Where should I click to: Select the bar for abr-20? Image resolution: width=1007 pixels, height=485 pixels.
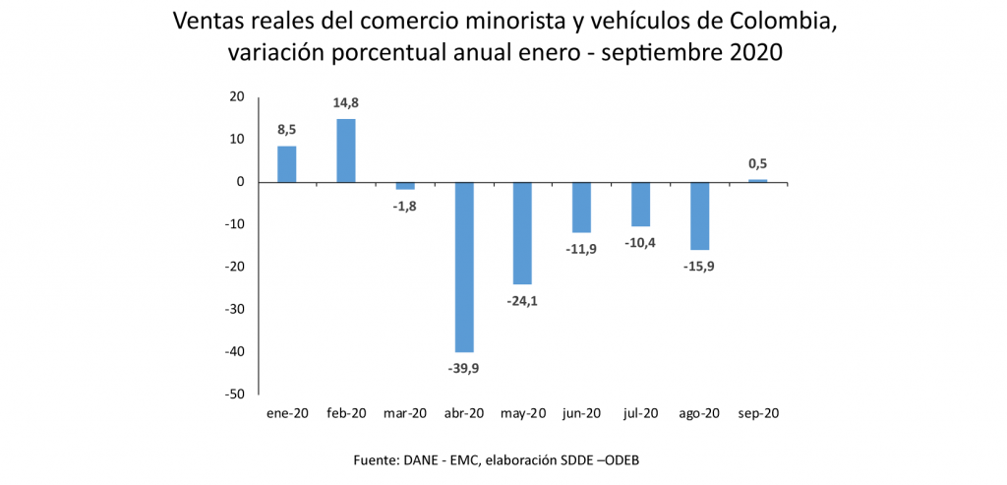coord(464,267)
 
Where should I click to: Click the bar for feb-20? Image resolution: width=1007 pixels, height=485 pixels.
coord(346,151)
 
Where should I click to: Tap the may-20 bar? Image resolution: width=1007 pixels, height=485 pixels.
coord(523,233)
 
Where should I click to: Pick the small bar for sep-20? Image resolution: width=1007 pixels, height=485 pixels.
coord(758,181)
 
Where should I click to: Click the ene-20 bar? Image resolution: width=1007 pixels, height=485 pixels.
coord(287,164)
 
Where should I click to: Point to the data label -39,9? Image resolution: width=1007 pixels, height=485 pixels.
coord(463,368)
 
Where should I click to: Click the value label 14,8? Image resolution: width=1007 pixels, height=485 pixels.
coord(346,103)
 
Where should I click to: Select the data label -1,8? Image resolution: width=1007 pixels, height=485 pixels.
coord(405,206)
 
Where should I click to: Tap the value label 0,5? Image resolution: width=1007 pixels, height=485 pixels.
coord(757,163)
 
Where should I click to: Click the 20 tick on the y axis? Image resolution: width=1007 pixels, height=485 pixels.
coord(236,96)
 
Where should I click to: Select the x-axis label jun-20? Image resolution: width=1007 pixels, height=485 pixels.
coord(581,414)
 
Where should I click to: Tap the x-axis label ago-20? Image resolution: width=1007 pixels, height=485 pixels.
coord(699,414)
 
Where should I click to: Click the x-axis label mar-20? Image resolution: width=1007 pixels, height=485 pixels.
coord(405,414)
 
